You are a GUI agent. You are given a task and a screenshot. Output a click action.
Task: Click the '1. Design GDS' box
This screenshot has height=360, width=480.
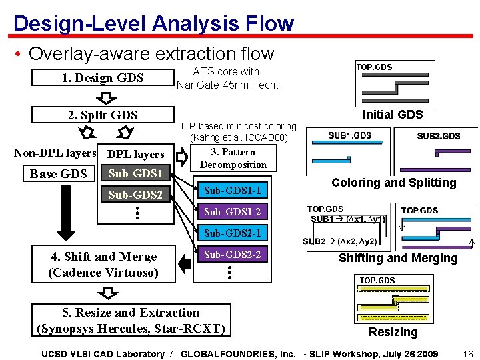coord(103,78)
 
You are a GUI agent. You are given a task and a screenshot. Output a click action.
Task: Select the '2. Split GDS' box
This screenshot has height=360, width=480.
coord(103,115)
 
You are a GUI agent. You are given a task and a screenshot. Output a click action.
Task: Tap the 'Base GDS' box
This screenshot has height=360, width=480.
coord(59,175)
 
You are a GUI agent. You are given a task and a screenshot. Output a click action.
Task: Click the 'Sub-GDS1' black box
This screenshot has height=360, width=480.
coord(136,175)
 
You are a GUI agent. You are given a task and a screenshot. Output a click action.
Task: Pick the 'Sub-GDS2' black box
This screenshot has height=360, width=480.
coord(136,195)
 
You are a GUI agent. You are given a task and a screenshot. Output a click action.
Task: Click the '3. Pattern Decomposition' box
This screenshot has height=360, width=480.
coord(233,159)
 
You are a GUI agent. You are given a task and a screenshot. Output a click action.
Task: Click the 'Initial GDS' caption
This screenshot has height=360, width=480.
coord(393,115)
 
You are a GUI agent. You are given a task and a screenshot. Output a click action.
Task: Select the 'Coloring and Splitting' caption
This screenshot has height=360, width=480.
coord(394,183)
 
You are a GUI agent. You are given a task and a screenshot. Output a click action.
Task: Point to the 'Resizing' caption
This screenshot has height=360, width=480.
coord(393,332)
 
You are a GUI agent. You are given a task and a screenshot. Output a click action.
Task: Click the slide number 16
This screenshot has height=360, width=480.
coord(467,354)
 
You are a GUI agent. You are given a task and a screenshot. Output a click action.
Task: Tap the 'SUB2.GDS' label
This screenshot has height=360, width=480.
coord(438,136)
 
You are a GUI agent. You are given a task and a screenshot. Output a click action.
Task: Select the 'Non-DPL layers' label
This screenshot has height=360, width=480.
coord(55,153)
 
